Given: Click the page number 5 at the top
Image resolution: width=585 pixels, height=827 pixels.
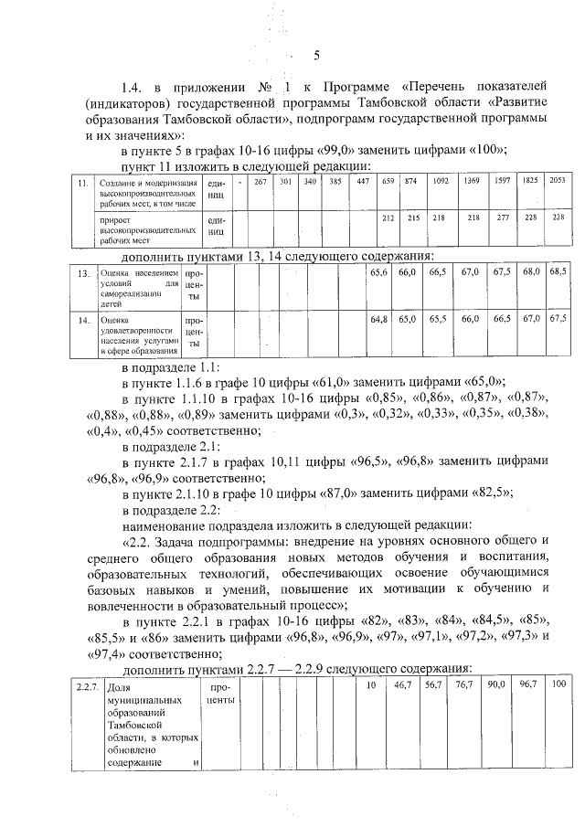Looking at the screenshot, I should (315, 55).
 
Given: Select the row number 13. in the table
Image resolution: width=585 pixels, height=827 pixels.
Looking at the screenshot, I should (81, 272).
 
